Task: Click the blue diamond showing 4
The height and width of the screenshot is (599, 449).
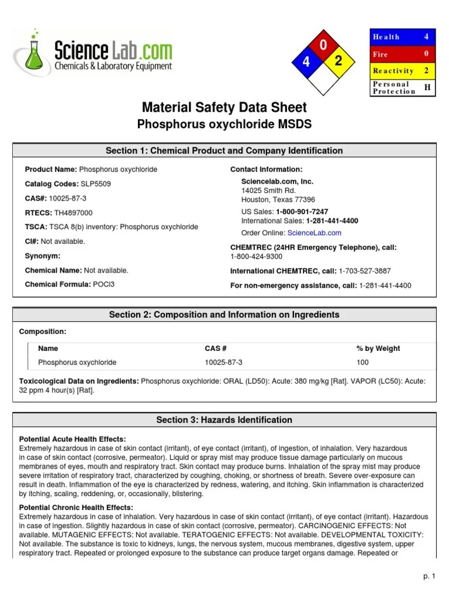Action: [x=306, y=62]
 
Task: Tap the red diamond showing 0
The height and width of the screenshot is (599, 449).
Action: [x=323, y=46]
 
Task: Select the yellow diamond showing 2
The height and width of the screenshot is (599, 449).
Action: [x=339, y=61]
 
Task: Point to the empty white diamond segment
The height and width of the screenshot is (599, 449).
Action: [x=322, y=79]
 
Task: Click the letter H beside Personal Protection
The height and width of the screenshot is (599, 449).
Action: [x=427, y=88]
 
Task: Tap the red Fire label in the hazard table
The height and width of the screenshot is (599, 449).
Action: [x=381, y=54]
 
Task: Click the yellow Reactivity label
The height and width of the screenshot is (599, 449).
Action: [x=393, y=71]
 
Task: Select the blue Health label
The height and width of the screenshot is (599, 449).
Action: [x=386, y=37]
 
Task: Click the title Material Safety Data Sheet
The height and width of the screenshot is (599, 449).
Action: [x=224, y=108]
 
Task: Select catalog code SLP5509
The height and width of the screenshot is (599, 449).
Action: [x=95, y=184]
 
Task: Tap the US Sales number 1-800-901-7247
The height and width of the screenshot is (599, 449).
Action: [x=302, y=212]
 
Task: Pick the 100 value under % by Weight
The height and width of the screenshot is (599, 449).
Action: [x=362, y=363]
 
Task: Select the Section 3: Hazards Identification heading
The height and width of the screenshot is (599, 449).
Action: [x=224, y=420]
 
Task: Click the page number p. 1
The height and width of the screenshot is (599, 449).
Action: [x=430, y=577]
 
